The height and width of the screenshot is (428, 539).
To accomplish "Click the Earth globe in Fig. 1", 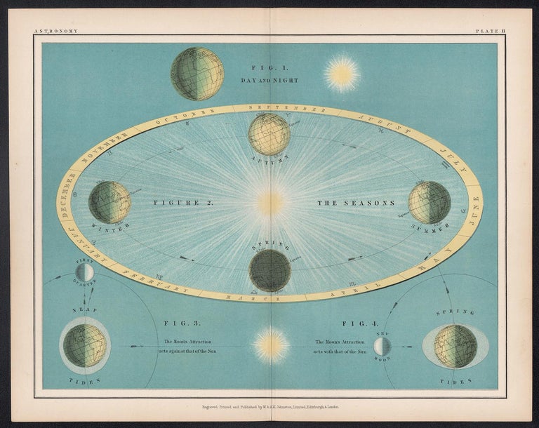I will point(197,74).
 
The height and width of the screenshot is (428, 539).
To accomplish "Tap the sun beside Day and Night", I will point(342,74).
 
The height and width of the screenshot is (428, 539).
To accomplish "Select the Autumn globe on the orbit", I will point(269,134).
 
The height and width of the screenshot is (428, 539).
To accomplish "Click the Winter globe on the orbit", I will point(109,202).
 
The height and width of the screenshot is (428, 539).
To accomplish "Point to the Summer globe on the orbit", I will point(430,202).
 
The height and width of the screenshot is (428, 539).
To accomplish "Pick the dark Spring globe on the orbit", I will point(270,270).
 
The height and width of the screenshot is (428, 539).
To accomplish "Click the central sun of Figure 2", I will point(270,203).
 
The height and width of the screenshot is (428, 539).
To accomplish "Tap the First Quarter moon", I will point(84,272).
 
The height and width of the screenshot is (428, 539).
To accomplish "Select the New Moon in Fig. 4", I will point(382,346).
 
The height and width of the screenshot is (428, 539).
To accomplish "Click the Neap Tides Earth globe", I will point(84,345).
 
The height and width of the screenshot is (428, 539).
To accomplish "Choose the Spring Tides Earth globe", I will point(455,346).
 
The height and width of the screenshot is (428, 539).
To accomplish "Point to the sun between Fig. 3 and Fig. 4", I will point(271,345).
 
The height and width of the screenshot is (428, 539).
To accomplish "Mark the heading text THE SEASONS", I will point(356,203).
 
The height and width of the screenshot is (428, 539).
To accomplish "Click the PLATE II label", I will point(486,31).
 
